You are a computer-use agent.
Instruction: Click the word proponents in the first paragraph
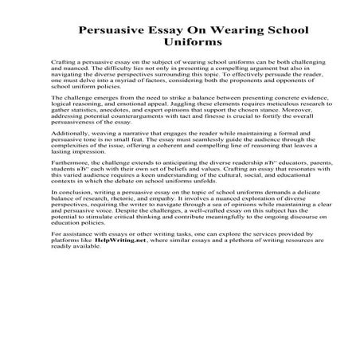[x=256, y=80]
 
